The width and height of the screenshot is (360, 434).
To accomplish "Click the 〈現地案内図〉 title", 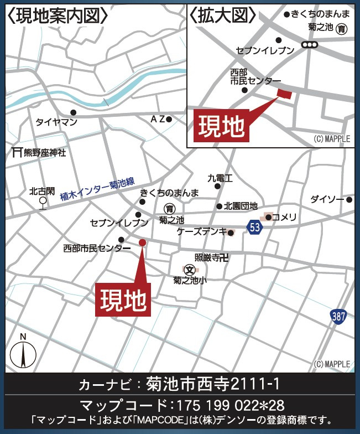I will click(x=58, y=16).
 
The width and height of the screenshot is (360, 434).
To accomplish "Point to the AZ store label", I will click(x=158, y=119).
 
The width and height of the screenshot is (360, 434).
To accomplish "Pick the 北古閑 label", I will click(x=42, y=192).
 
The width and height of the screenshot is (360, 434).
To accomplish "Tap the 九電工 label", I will click(x=220, y=178).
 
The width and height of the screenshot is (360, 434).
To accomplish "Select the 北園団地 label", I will click(x=241, y=206).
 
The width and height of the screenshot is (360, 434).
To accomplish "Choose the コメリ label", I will click(x=284, y=216).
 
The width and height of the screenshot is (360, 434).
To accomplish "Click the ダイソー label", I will click(x=326, y=199).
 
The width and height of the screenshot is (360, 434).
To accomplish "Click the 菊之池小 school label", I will click(x=190, y=280).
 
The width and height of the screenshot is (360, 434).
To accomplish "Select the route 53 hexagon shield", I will click(x=254, y=226).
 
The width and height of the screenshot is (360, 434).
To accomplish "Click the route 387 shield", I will click(x=339, y=317).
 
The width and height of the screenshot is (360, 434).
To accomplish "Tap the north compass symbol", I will click(x=23, y=352).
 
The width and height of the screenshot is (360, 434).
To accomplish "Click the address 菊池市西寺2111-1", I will click(x=213, y=383).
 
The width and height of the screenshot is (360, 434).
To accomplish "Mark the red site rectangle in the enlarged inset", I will click(x=284, y=93).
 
